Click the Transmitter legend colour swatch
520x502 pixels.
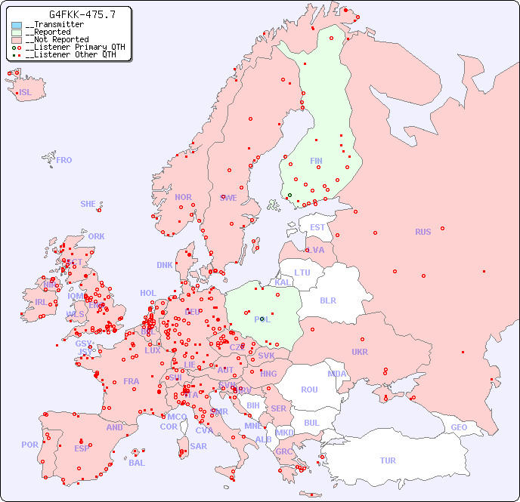[x=17, y=25]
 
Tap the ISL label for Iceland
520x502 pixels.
[x=26, y=93]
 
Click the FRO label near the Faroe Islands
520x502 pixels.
[x=64, y=160]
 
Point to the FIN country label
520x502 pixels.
[x=316, y=161]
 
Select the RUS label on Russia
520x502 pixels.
[x=422, y=232]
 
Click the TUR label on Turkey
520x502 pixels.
[x=388, y=460]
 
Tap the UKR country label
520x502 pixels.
[x=360, y=352]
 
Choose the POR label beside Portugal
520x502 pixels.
[x=29, y=445]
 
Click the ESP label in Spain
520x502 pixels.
[x=82, y=448]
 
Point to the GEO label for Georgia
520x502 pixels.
[x=459, y=427]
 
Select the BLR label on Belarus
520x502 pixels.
[x=327, y=300]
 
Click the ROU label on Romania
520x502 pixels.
[x=309, y=390]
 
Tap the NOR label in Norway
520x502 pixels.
[x=183, y=197]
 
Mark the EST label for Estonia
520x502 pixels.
[x=317, y=227]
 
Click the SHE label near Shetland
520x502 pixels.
[x=88, y=204]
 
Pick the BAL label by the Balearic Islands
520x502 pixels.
[x=136, y=463]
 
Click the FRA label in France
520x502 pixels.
[x=132, y=381]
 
